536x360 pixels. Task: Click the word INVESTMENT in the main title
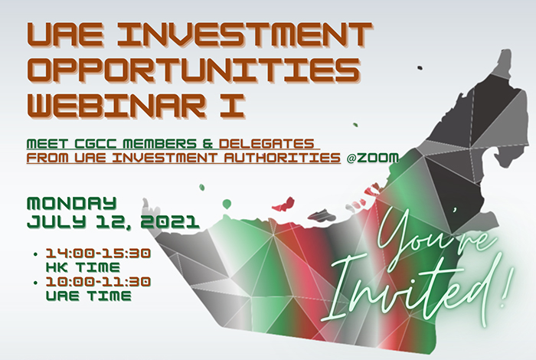244,36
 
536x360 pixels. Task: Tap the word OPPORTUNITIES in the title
194,71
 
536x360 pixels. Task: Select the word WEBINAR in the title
116,105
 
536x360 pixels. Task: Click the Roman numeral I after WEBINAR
233,105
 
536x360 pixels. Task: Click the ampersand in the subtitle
208,143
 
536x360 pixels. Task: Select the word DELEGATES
266,143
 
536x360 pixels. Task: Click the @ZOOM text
373,158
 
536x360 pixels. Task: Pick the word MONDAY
72,204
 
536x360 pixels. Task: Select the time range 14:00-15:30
99,254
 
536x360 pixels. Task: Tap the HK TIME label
83,267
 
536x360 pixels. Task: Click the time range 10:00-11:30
99,282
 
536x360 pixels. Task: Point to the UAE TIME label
89,296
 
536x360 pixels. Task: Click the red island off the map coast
283,204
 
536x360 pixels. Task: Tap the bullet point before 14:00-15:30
35,254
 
